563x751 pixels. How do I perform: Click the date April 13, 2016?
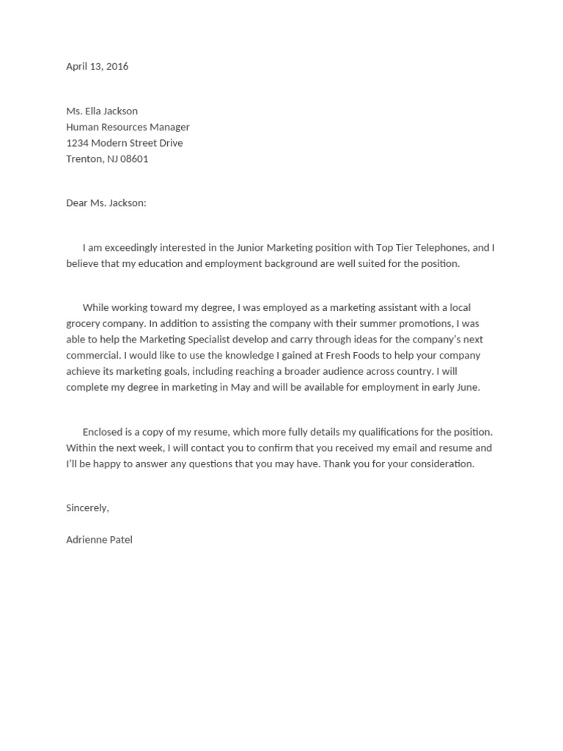pyautogui.click(x=97, y=66)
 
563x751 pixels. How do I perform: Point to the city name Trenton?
pyautogui.click(x=84, y=158)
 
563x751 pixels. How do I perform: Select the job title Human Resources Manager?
pyautogui.click(x=128, y=127)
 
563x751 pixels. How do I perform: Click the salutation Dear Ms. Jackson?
pyautogui.click(x=106, y=203)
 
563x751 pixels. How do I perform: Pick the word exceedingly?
pyautogui.click(x=127, y=248)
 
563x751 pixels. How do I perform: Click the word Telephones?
pyautogui.click(x=433, y=248)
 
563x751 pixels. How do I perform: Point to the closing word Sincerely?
pyautogui.click(x=87, y=508)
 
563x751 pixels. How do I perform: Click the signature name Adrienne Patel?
pyautogui.click(x=99, y=540)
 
